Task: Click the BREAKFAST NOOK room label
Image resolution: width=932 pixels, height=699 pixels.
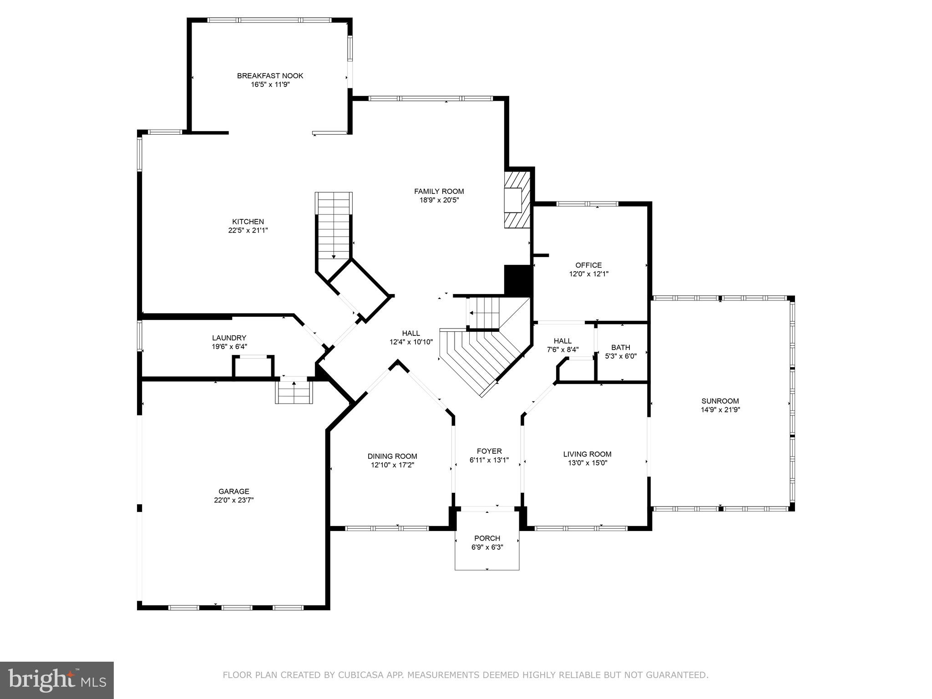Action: coord(270,76)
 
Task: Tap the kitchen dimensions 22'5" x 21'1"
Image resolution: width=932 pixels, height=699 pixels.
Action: coord(248,230)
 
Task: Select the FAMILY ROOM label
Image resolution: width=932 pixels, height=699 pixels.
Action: coord(439,191)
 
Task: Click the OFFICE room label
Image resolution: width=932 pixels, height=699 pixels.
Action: coord(588,265)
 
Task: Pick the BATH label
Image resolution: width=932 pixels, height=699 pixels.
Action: coord(620,347)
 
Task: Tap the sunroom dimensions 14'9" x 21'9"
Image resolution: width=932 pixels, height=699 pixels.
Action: coord(720,410)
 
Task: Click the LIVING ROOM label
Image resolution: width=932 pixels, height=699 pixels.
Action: coord(587,454)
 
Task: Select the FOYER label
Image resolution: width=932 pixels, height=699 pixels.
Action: coord(489,451)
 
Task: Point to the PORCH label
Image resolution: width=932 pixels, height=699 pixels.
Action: coord(487,538)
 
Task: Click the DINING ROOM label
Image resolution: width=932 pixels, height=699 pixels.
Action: coord(392,456)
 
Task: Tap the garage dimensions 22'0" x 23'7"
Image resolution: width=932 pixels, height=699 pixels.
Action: coord(234,500)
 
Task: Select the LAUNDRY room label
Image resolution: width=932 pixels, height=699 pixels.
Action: coord(229,338)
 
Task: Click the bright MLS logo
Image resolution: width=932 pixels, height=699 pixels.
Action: coord(57,679)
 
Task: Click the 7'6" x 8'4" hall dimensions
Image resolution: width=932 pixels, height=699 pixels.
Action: coord(562,350)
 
